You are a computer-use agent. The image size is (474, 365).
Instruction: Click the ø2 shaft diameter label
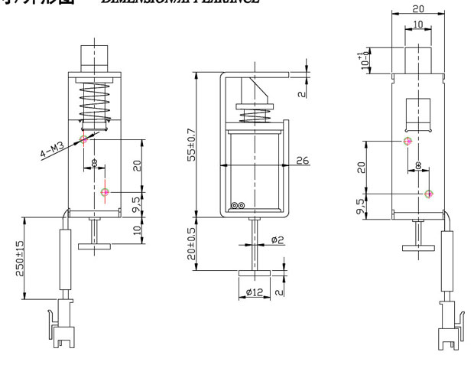(x=277, y=241)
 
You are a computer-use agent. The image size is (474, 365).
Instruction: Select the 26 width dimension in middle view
(x=302, y=160)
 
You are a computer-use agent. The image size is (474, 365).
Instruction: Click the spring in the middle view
(x=253, y=118)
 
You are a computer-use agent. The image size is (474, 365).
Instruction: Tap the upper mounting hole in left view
(x=84, y=139)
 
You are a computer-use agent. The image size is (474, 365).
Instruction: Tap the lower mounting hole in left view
(x=105, y=191)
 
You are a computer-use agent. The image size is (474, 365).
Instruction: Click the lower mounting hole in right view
(x=428, y=193)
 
